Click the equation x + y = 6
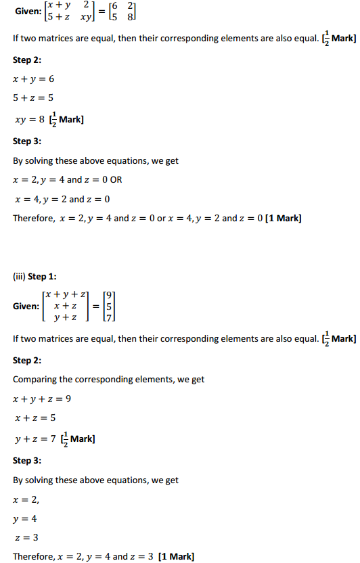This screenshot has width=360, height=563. coord(33,79)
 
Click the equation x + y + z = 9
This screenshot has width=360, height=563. coord(42,399)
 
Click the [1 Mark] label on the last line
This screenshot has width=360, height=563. coord(175,556)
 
